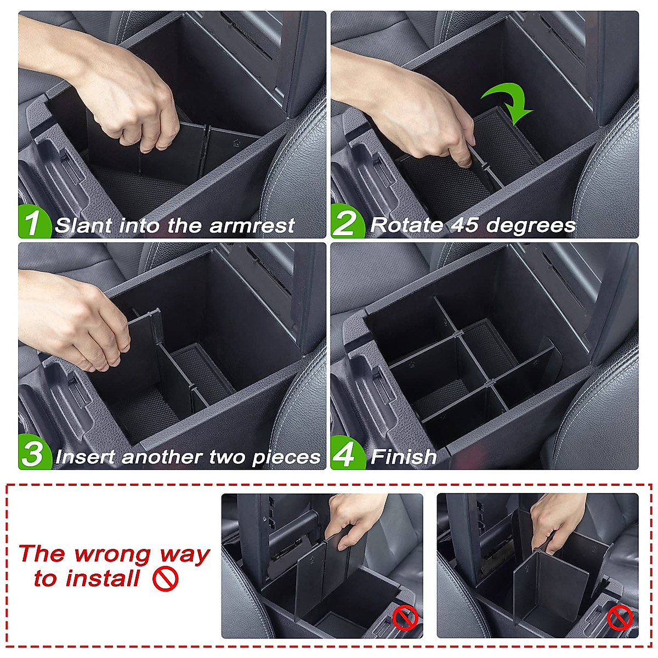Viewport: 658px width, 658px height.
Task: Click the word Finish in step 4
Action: pos(404,457)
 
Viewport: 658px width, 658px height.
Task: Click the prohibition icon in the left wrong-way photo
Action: pos(405,619)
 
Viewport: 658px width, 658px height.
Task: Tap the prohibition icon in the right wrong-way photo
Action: pos(620,619)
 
